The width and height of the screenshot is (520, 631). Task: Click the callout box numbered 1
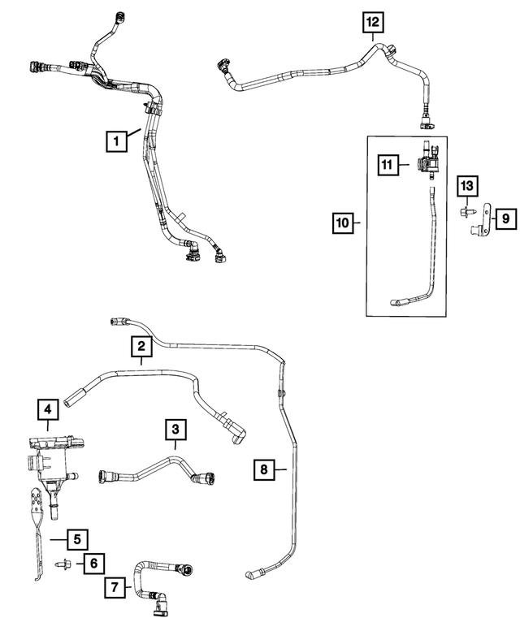click(117, 141)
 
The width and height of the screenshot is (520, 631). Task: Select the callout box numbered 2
click(141, 346)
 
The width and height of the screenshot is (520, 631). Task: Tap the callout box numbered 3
click(175, 430)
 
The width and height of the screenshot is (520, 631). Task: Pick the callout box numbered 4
click(48, 409)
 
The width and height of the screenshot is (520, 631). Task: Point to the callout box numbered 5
click(77, 539)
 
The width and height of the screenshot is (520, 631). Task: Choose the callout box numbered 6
click(93, 563)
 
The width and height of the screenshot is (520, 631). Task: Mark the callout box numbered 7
click(115, 587)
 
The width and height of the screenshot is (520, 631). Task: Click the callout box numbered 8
click(264, 469)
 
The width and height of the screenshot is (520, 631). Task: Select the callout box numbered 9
click(505, 218)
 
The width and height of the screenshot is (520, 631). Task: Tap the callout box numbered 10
click(343, 223)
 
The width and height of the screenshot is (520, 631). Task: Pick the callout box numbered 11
click(388, 164)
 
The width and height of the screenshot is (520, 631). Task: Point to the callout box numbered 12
click(373, 22)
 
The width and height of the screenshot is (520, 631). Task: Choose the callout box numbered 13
click(467, 186)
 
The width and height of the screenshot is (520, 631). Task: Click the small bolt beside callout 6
click(63, 564)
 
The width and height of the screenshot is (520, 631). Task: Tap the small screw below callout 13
click(467, 211)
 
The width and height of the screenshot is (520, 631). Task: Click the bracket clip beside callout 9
click(481, 220)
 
